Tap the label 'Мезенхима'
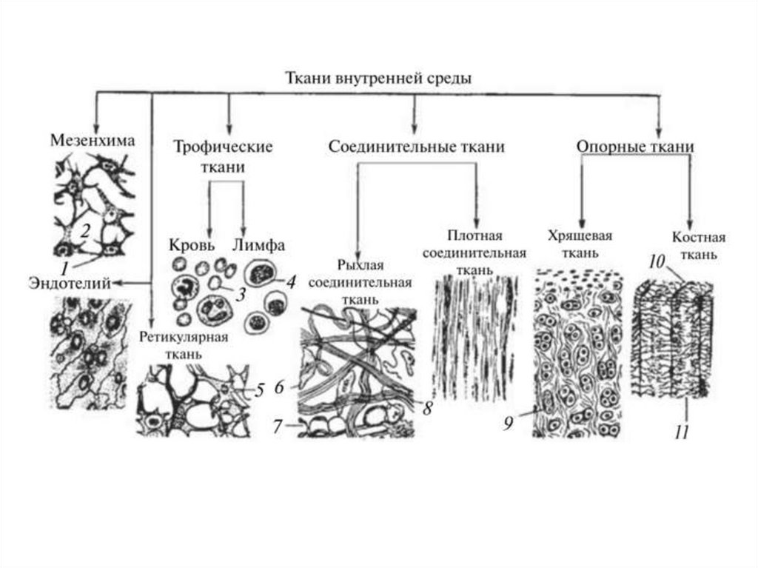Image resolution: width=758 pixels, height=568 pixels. click(x=93, y=139)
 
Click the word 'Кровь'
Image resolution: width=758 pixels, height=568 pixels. click(x=192, y=245)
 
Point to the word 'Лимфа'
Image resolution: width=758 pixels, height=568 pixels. click(x=258, y=245)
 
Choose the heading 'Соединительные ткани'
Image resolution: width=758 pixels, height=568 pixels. click(x=416, y=147)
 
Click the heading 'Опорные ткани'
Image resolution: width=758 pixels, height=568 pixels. click(x=635, y=147)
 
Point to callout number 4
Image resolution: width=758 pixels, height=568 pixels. click(x=291, y=282)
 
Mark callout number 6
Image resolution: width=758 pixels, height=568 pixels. click(x=279, y=387)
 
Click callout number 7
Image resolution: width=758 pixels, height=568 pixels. click(x=278, y=427)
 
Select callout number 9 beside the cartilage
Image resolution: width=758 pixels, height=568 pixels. click(x=508, y=423)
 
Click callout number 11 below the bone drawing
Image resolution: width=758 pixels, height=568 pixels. click(x=682, y=432)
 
